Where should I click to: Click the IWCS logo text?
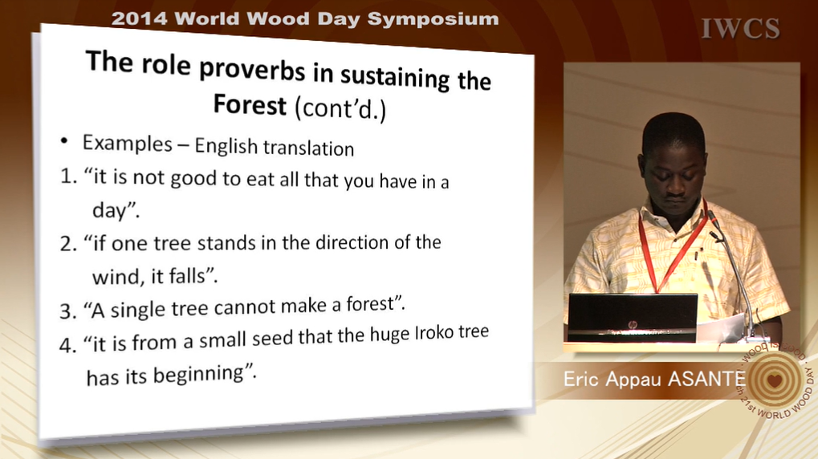coord(741,29)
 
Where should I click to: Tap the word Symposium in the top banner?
coord(433,19)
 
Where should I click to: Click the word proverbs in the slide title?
coord(252,69)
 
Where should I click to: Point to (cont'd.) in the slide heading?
coord(340,108)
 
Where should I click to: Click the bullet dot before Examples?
coord(64,140)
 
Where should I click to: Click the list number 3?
coord(67,311)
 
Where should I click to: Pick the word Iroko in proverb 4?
coord(434,333)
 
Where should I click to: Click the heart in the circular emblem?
coord(775,380)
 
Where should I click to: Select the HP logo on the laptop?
coord(633,324)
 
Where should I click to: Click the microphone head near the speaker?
coord(713,219)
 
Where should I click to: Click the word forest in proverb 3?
coord(369,303)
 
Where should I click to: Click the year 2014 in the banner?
coord(140,19)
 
